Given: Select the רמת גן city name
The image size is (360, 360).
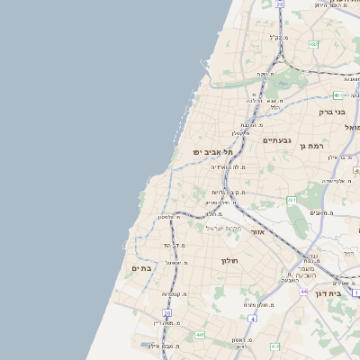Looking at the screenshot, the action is [x=312, y=145].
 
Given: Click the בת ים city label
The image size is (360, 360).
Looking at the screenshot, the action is [x=139, y=267].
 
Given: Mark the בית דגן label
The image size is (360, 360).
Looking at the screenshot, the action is [x=331, y=293].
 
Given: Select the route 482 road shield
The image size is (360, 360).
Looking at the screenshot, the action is [x=313, y=43].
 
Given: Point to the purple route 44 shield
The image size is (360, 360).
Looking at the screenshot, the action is [x=304, y=292].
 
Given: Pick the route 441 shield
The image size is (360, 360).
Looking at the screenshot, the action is [x=199, y=335].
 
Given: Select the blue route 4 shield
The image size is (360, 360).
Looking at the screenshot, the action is [x=253, y=318].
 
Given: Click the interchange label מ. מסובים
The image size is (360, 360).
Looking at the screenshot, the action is [x=322, y=212].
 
